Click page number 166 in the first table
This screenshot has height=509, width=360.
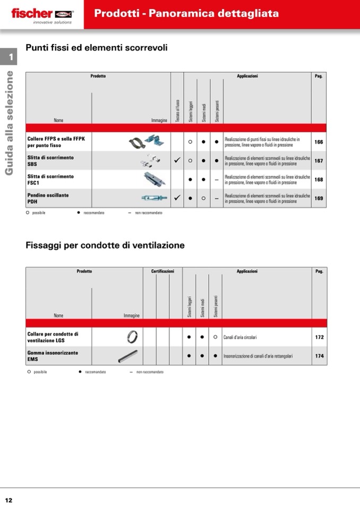pyautogui.click(x=319, y=142)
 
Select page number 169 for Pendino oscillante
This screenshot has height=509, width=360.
pyautogui.click(x=319, y=198)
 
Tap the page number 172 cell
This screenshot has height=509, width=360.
pyautogui.click(x=319, y=337)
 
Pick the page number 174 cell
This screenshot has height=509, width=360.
pyautogui.click(x=319, y=356)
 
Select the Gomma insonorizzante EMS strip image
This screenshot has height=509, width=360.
pyautogui.click(x=130, y=356)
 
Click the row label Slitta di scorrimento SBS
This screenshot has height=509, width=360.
pyautogui.click(x=50, y=161)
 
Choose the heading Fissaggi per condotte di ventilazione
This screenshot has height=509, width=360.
pyautogui.click(x=105, y=245)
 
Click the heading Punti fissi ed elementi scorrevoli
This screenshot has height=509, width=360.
pyautogui.click(x=97, y=48)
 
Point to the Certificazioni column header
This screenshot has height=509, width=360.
pyautogui.click(x=162, y=271)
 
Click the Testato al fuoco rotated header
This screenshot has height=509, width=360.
pyautogui.click(x=177, y=111)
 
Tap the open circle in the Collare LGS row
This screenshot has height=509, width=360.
pyautogui.click(x=215, y=337)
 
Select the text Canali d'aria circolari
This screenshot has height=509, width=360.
pyautogui.click(x=240, y=337)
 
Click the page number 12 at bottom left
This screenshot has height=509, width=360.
pyautogui.click(x=9, y=500)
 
